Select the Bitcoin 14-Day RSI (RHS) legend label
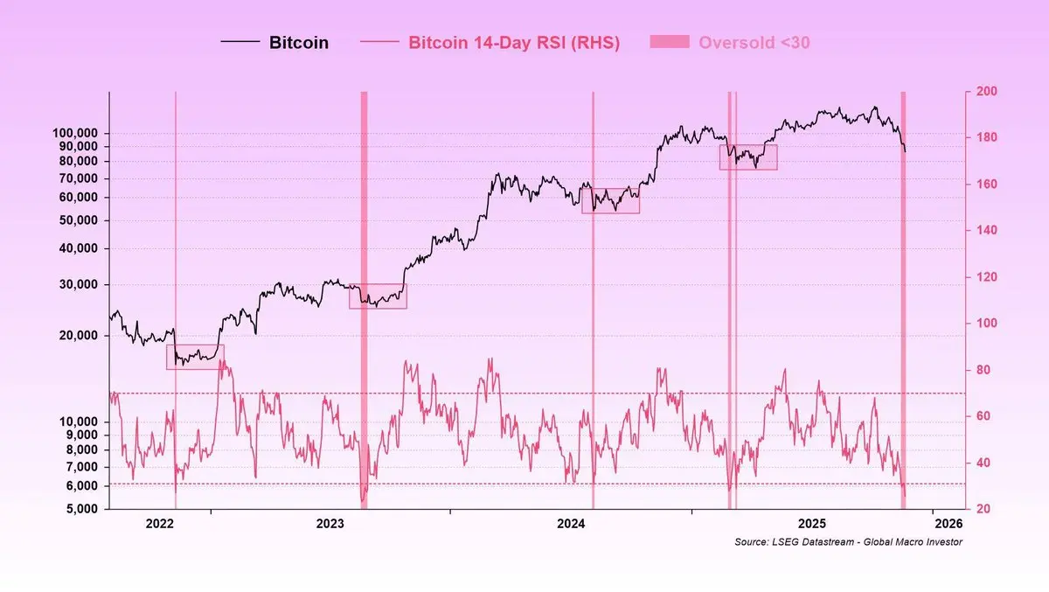tap(514, 42)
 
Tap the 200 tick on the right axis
tap(982, 92)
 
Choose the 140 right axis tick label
tap(982, 231)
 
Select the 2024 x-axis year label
tap(571, 524)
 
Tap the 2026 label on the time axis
tap(948, 524)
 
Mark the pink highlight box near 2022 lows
tap(195, 357)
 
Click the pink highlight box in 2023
tap(378, 296)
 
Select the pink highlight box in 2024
tap(611, 200)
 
